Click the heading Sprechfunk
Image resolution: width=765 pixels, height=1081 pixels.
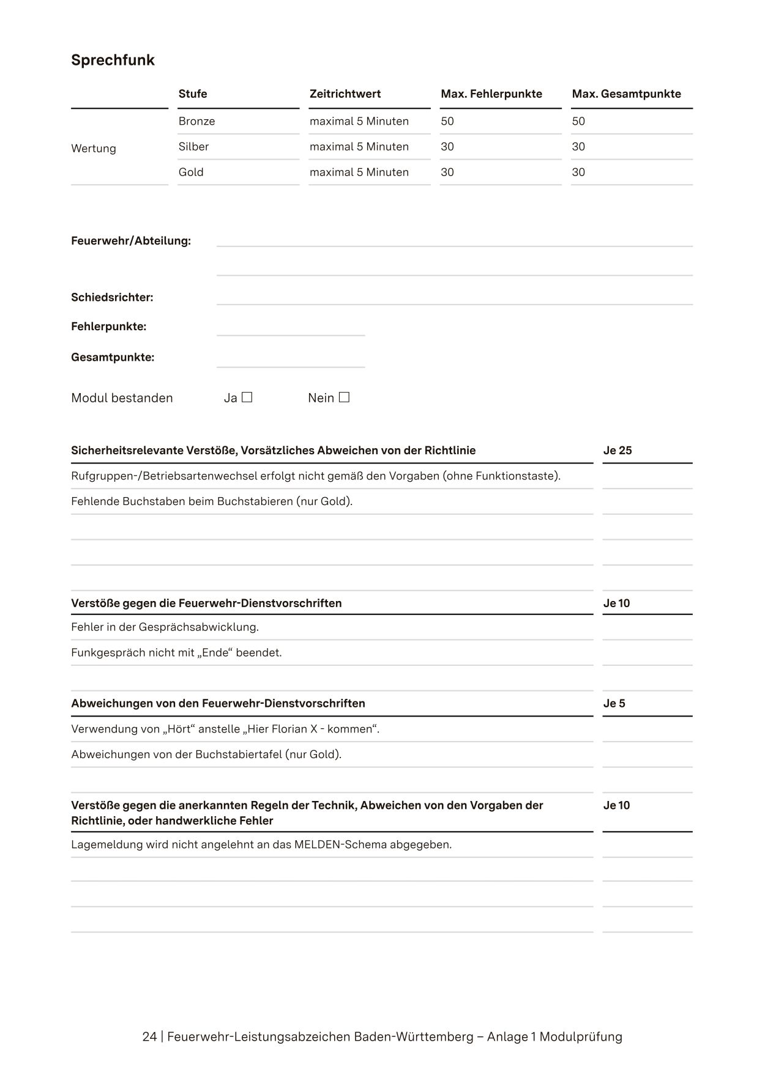113,60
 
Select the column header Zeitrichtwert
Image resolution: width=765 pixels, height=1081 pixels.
345,94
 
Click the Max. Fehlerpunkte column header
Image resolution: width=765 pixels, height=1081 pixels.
491,94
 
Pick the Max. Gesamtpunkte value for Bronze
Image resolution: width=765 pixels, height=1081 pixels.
578,121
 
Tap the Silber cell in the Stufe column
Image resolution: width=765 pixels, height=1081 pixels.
193,147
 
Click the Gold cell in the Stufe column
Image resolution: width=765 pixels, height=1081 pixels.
191,172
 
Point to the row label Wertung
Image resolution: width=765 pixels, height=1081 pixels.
93,149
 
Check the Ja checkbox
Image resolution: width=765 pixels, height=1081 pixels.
247,397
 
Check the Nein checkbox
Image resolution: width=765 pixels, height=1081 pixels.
345,397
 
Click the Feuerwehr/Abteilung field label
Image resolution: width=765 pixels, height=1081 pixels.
131,241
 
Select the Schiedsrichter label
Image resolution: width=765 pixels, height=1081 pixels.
112,298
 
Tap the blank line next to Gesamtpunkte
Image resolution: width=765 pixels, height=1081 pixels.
291,361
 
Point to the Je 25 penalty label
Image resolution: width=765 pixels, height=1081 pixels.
617,451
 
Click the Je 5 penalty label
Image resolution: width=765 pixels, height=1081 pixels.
614,704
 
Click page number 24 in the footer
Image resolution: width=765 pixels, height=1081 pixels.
149,1037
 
